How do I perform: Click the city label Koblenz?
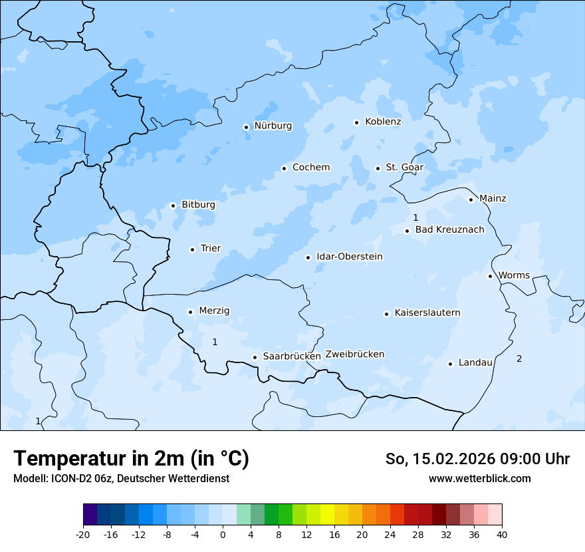(383, 122)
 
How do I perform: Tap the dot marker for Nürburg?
(246, 127)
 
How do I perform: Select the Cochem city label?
(311, 168)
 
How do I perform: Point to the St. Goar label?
(404, 168)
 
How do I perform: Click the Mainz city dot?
(471, 200)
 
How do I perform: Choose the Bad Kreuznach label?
(449, 230)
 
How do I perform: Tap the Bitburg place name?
(198, 205)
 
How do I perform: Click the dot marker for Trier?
(192, 249)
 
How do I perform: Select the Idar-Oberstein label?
(350, 257)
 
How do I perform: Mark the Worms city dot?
(490, 276)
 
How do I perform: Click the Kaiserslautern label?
(427, 313)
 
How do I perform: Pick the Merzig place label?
(214, 311)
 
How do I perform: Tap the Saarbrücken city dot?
(255, 357)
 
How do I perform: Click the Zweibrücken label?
(355, 354)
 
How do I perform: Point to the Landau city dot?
(450, 364)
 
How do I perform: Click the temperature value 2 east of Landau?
(519, 359)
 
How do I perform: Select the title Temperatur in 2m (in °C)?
(131, 459)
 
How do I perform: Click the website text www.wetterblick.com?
(479, 478)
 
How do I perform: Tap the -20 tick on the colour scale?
(83, 534)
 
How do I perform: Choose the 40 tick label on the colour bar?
(502, 534)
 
